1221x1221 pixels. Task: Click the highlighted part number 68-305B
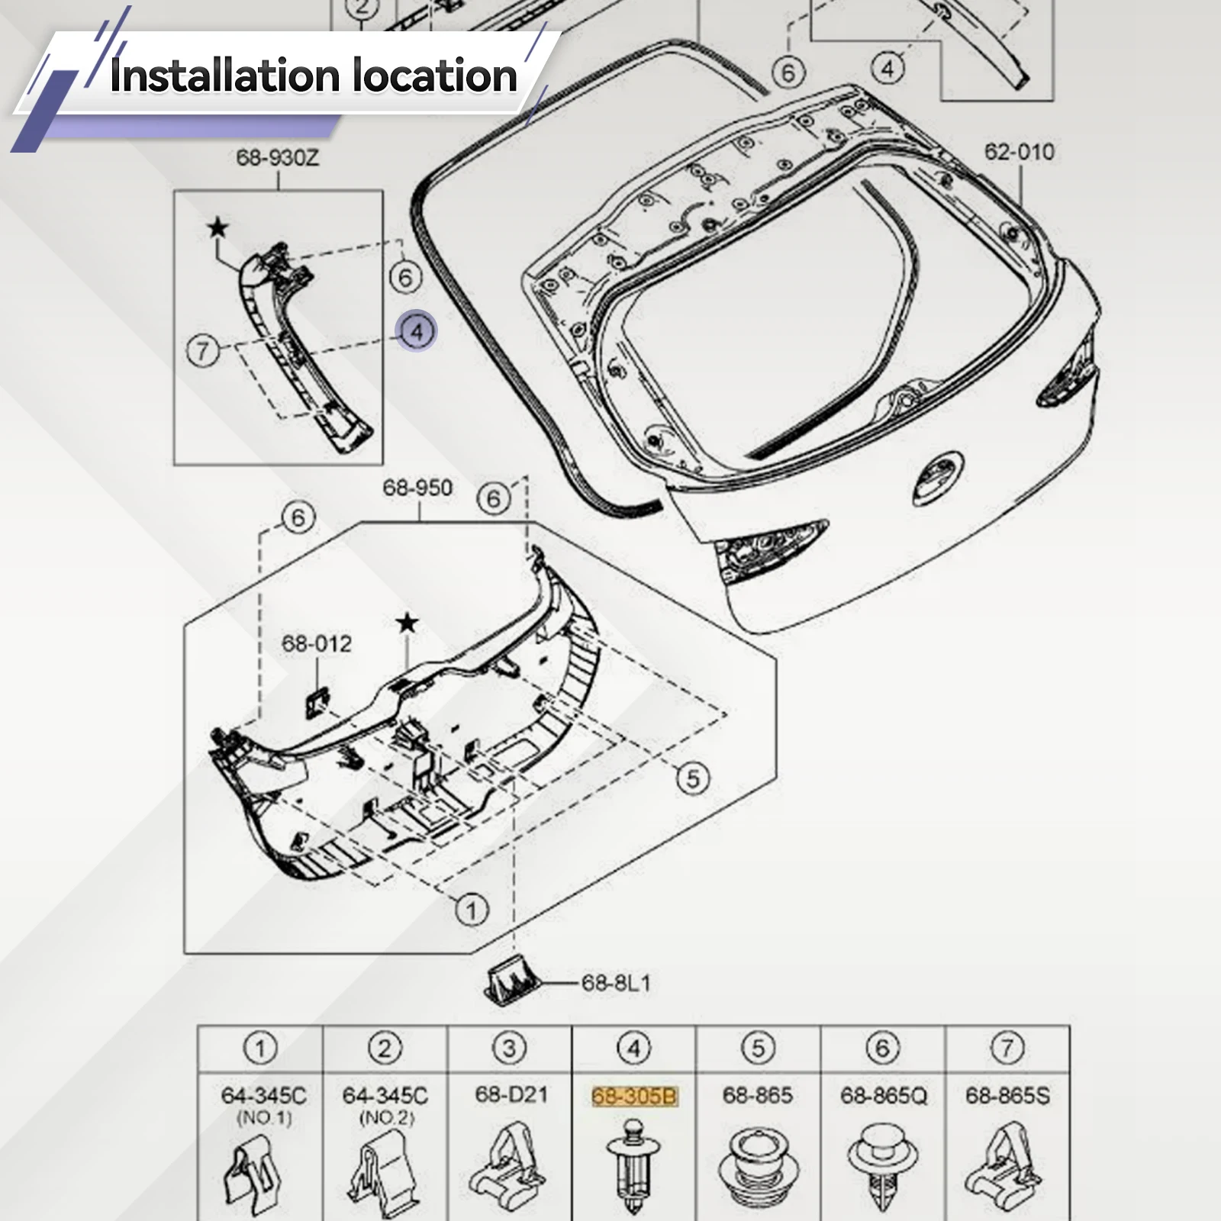[634, 1096]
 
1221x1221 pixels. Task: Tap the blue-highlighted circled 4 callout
[417, 332]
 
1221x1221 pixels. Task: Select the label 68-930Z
[278, 158]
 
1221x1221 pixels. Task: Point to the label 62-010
[1019, 151]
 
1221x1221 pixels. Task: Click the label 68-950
[417, 488]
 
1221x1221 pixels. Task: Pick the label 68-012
[317, 643]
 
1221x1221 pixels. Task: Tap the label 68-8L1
[616, 983]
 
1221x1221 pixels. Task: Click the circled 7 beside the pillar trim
[203, 351]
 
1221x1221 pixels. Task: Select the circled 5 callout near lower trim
[693, 778]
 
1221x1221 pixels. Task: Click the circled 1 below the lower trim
[472, 910]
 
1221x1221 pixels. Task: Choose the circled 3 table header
[509, 1049]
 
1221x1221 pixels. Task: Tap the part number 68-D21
[511, 1095]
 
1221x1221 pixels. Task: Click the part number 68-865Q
[884, 1096]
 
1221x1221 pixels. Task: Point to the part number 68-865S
[1008, 1096]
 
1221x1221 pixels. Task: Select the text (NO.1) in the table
[263, 1118]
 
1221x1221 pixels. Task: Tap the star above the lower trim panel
[408, 623]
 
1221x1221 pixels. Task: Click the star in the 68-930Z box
[218, 227]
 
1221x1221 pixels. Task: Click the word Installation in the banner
[225, 76]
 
